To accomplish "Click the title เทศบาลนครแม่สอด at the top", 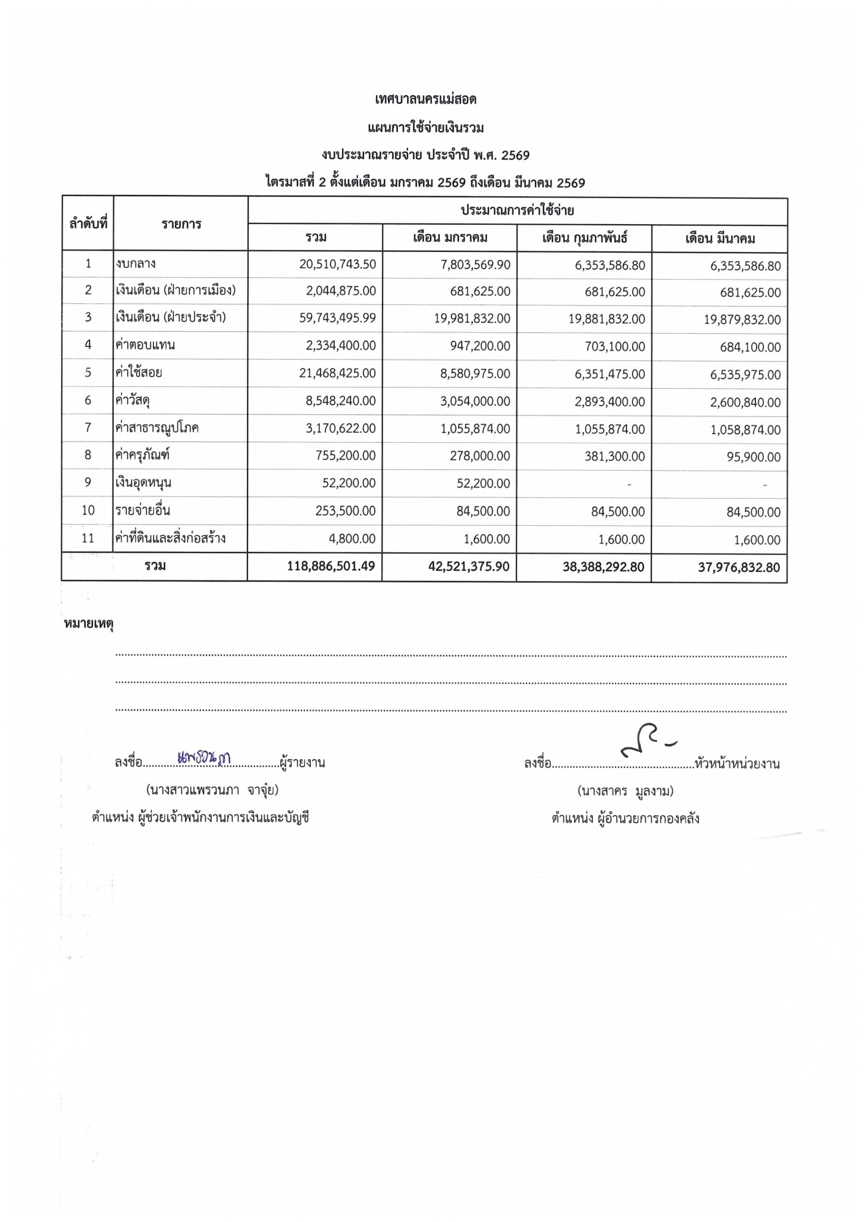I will pos(426,100).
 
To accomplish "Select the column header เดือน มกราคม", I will pos(450,238).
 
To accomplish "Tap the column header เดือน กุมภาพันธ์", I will pos(585,238).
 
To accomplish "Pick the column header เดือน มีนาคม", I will pos(720,239).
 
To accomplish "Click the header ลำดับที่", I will pos(88,223).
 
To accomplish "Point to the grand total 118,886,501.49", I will pos(331,566).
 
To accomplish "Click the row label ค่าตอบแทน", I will pos(145,345).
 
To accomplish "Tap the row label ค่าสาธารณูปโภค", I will pos(157,428).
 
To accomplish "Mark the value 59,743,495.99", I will pos(337,318).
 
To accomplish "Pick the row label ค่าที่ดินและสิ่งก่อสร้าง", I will pos(170,538).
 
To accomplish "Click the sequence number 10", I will pos(88,511).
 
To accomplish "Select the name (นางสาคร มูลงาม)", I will pos(625,791).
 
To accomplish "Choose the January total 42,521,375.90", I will pos(469,567).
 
